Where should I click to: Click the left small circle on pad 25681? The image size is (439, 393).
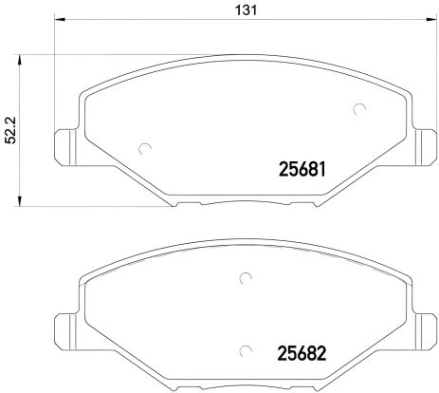(x=144, y=147)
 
